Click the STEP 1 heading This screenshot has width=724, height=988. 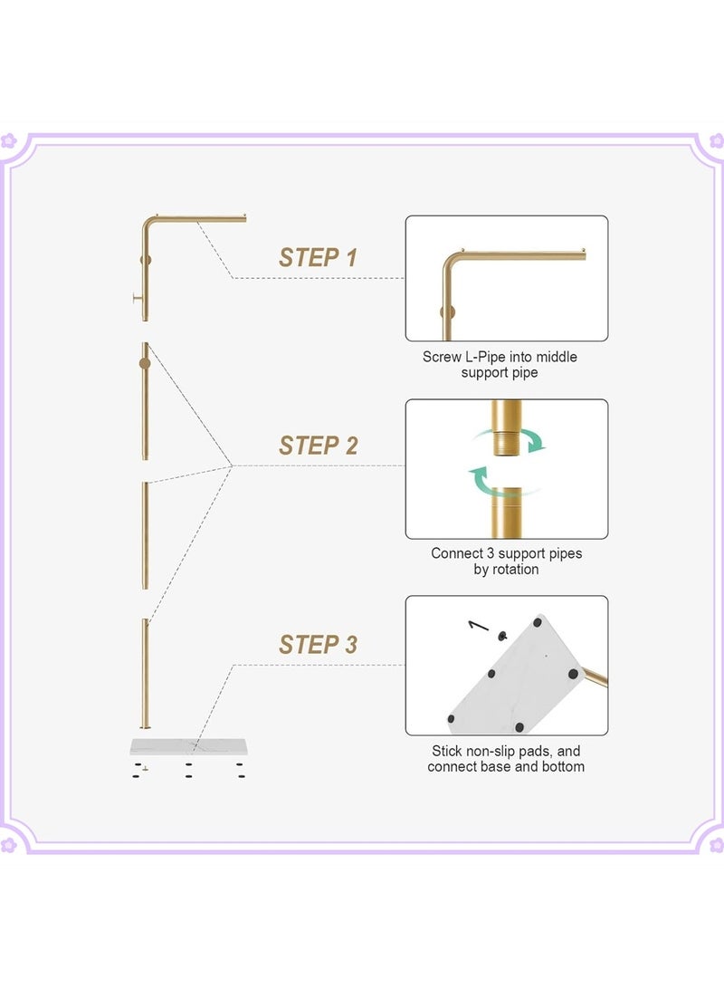(318, 258)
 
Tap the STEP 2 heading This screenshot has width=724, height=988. (318, 446)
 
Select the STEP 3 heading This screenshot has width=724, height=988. (318, 645)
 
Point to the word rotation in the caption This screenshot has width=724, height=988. (515, 569)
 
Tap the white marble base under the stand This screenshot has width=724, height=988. (189, 747)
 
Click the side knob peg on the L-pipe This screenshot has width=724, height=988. (138, 299)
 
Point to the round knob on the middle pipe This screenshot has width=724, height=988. (145, 363)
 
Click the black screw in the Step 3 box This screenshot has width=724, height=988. (502, 637)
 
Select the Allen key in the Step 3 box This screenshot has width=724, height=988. (479, 625)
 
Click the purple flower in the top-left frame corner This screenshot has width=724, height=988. (8, 139)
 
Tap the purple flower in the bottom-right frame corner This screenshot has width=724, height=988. (717, 844)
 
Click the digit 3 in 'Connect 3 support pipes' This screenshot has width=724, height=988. (491, 553)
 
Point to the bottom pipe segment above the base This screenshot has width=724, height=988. (146, 674)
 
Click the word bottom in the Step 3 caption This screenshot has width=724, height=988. (562, 767)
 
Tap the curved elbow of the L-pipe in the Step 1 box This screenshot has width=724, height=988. (451, 261)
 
